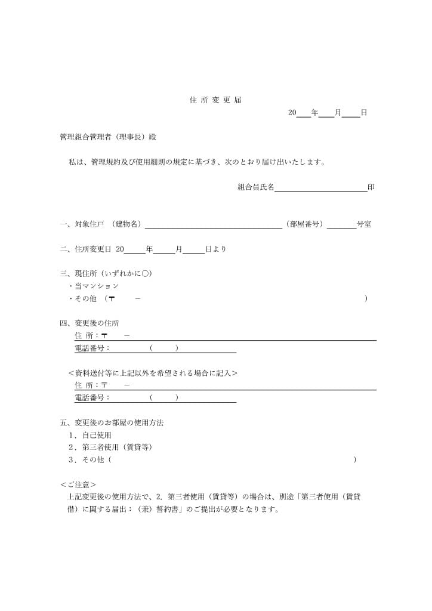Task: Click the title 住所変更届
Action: (215, 100)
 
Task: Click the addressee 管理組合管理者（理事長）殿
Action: (108, 137)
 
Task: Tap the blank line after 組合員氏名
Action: (320, 188)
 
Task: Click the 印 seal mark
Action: (371, 187)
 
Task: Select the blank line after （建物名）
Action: (213, 225)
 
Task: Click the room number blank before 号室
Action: (341, 225)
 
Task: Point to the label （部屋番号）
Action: (304, 224)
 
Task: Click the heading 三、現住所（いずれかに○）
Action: (106, 273)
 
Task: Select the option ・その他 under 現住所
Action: (86, 298)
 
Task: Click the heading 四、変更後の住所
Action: (90, 323)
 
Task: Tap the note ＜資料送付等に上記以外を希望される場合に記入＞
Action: (153, 373)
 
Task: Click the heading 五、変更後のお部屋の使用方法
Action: (112, 422)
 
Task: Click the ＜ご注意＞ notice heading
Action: (78, 485)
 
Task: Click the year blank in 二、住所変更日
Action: (134, 249)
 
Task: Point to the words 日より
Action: (215, 249)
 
